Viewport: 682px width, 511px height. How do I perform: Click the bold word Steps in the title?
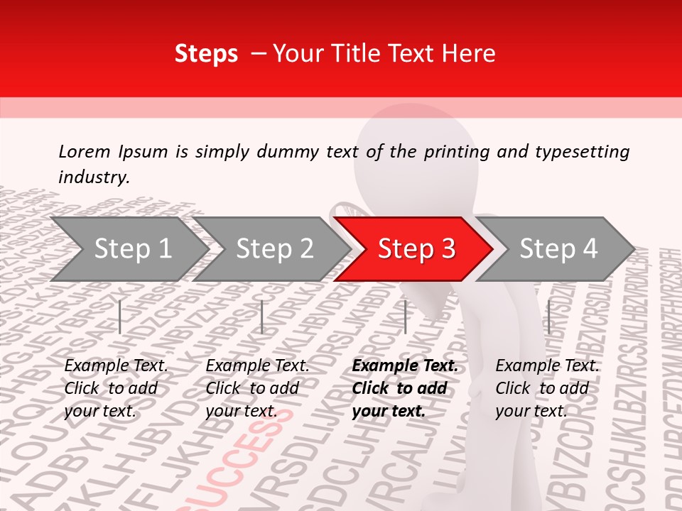(206, 54)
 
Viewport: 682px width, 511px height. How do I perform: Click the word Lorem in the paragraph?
(85, 151)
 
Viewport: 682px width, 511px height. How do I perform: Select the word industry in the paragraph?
(93, 177)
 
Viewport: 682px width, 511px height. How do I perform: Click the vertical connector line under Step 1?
(120, 317)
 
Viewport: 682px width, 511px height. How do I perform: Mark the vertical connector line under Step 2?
(262, 317)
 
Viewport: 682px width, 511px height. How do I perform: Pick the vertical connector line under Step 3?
(405, 317)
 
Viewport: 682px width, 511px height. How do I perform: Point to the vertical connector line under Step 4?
(548, 317)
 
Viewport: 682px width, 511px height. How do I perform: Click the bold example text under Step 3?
(405, 388)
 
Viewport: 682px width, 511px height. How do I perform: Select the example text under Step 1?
(116, 388)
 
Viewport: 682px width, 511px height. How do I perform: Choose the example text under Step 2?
(257, 388)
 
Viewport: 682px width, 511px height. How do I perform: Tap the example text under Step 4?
(547, 388)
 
